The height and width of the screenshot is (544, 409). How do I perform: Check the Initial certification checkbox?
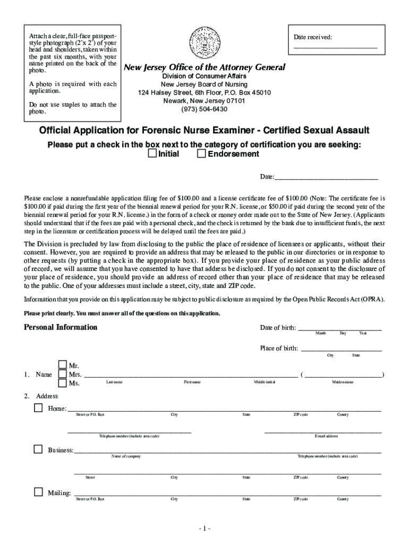point(152,154)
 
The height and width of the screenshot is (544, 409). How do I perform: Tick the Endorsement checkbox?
point(201,154)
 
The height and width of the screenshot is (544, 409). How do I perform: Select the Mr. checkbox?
point(62,365)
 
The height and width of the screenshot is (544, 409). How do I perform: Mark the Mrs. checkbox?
point(62,375)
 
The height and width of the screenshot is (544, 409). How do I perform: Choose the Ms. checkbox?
point(62,383)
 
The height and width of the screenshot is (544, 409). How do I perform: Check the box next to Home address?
point(38,408)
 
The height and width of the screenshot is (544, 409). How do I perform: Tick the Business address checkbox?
point(38,449)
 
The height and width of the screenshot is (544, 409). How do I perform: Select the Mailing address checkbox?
point(38,492)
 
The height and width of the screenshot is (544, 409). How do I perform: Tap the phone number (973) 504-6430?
point(204,109)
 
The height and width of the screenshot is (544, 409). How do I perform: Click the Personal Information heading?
point(61,327)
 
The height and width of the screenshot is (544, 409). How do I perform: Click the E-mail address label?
point(326,436)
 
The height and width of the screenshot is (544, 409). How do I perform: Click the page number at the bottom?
point(204,529)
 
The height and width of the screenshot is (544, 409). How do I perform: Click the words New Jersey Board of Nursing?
point(204,84)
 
